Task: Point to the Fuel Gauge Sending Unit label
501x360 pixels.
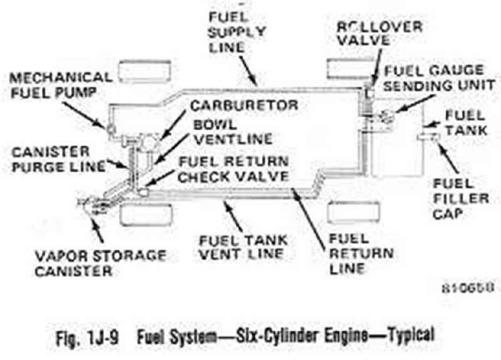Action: pyautogui.click(x=434, y=78)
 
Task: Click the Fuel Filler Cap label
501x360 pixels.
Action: pyautogui.click(x=462, y=197)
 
